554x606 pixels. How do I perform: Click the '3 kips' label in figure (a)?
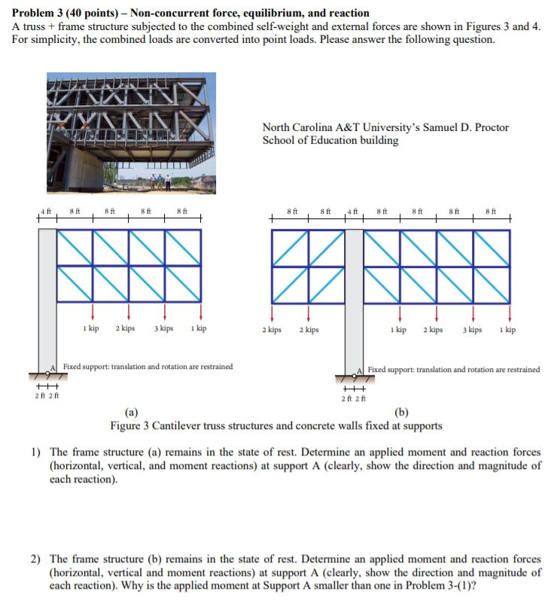tap(164, 329)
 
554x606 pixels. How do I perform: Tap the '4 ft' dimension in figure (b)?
tap(354, 212)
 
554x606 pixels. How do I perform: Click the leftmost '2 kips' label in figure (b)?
tap(272, 330)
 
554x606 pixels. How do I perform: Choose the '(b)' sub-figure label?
tap(402, 412)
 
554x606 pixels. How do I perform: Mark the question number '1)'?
tap(35, 452)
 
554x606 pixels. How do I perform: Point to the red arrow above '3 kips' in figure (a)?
tap(165, 310)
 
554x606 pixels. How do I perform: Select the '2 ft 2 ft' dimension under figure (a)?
tap(47, 396)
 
